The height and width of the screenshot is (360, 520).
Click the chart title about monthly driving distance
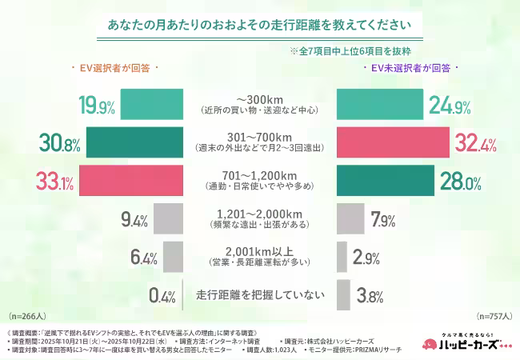point(260,24)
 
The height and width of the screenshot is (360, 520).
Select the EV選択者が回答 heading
point(115,70)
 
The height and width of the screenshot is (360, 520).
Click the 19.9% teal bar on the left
point(153,104)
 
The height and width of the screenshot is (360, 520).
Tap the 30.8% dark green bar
point(135,142)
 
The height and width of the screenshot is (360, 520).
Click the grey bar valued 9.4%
point(167,218)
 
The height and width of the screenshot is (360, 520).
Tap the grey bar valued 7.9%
point(350,218)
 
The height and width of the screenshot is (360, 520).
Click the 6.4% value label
point(144,256)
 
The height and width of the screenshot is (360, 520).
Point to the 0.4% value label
point(162,294)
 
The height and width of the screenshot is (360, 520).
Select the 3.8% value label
point(370,294)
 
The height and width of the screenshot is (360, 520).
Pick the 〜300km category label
point(260,98)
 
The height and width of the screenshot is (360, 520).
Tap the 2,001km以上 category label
point(260,250)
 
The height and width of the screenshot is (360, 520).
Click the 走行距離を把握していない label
point(260,294)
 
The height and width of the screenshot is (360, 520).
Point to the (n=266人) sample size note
point(28,316)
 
